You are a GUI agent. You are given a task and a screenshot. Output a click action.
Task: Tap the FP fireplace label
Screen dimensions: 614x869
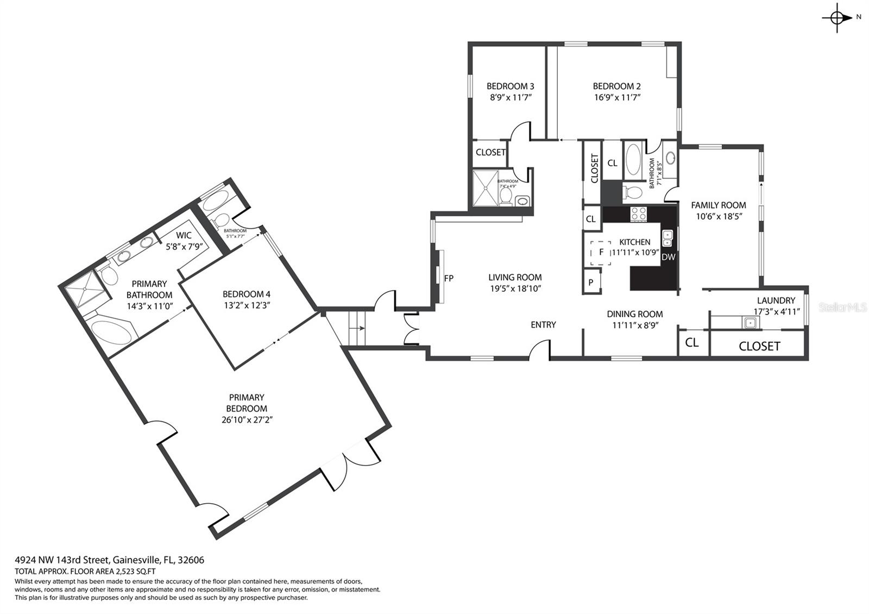[x=449, y=278]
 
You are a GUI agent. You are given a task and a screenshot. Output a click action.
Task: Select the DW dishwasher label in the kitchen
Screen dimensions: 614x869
[x=668, y=257]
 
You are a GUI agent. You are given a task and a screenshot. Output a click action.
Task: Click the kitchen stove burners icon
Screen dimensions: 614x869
[x=638, y=214]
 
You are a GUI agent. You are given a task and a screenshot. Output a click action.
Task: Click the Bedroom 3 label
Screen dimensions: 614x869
[x=510, y=86]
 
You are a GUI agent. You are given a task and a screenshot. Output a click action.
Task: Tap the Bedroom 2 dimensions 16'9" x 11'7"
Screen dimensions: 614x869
[x=616, y=98]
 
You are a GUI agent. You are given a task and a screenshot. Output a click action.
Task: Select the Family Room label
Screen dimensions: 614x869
[x=718, y=205]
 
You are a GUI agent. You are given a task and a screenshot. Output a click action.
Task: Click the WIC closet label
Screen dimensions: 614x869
[x=184, y=236]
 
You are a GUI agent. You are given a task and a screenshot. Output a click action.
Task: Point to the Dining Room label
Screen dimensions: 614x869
[x=634, y=314]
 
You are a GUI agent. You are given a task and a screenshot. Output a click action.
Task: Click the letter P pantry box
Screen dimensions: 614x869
[x=590, y=283]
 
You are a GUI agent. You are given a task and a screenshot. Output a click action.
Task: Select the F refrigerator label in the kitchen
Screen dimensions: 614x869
[x=601, y=252]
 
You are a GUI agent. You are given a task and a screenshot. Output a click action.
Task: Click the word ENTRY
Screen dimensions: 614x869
[x=543, y=324]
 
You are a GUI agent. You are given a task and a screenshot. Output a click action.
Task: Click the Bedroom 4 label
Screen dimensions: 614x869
[x=247, y=294]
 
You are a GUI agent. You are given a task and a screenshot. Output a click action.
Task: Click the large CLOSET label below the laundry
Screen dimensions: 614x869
[x=759, y=346]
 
